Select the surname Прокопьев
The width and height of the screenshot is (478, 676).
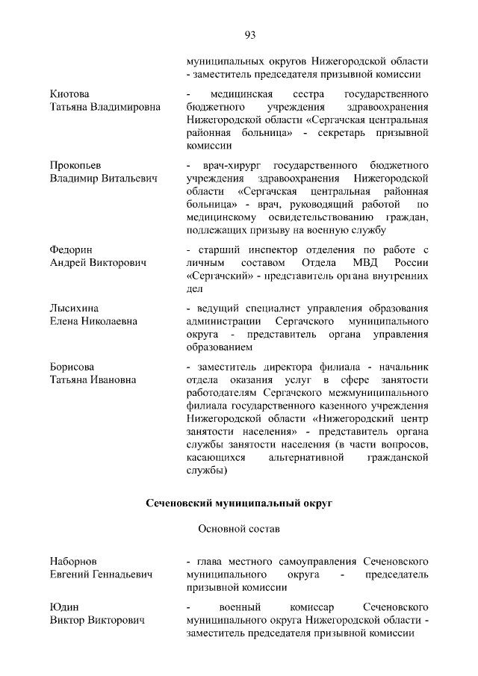pyautogui.click(x=76, y=164)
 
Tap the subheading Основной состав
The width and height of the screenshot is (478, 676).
pyautogui.click(x=238, y=530)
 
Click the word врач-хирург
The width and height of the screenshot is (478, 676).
pyautogui.click(x=229, y=164)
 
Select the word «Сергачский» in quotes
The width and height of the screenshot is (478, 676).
pyautogui.click(x=216, y=276)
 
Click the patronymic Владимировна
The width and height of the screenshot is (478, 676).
pyautogui.click(x=125, y=108)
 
